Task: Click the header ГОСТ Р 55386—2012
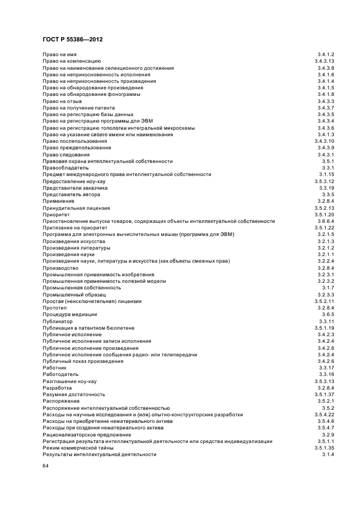(x=72, y=40)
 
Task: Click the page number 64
(x=46, y=466)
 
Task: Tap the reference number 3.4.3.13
(x=324, y=62)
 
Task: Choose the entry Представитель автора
(x=71, y=195)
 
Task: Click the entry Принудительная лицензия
(x=76, y=208)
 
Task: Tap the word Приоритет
(x=56, y=215)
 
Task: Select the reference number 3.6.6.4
(x=326, y=221)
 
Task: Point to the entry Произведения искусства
(x=74, y=241)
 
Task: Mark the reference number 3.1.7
(x=328, y=288)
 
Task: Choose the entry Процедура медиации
(x=70, y=314)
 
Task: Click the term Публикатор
(x=58, y=321)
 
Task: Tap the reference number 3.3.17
(x=327, y=368)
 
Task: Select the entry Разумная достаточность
(x=74, y=394)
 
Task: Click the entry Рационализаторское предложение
(x=87, y=435)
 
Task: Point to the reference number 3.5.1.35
(x=324, y=448)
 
